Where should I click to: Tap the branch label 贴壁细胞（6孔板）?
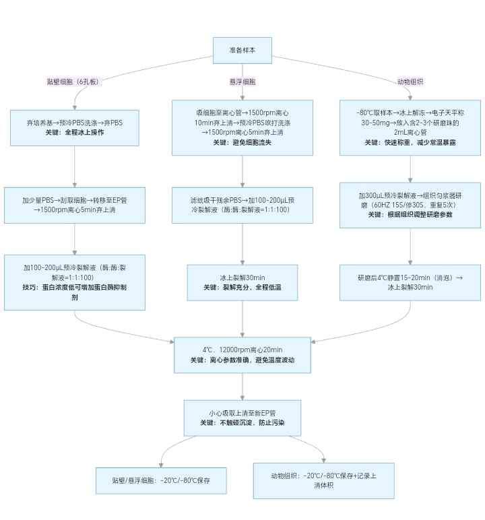click(x=73, y=82)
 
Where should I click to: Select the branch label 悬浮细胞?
click(x=243, y=82)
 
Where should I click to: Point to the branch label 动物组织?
click(x=410, y=82)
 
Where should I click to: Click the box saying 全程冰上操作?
click(x=75, y=127)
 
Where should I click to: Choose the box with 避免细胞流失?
click(x=243, y=128)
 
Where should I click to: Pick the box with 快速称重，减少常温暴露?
click(x=410, y=128)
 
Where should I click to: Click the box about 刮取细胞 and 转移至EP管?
click(x=75, y=205)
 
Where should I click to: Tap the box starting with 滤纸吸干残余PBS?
click(x=243, y=205)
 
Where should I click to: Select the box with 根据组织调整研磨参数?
click(x=410, y=205)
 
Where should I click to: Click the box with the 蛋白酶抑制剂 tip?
click(x=75, y=282)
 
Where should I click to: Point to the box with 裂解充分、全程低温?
click(x=243, y=282)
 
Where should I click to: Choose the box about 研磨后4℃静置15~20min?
click(x=410, y=282)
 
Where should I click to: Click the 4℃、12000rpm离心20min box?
click(x=243, y=354)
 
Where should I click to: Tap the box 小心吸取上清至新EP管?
click(x=243, y=417)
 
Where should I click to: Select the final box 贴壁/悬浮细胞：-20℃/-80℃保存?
click(x=161, y=480)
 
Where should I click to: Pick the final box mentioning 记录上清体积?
click(x=324, y=480)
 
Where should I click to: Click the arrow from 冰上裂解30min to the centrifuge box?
click(x=243, y=318)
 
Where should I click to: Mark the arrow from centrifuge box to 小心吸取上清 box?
click(x=243, y=386)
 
